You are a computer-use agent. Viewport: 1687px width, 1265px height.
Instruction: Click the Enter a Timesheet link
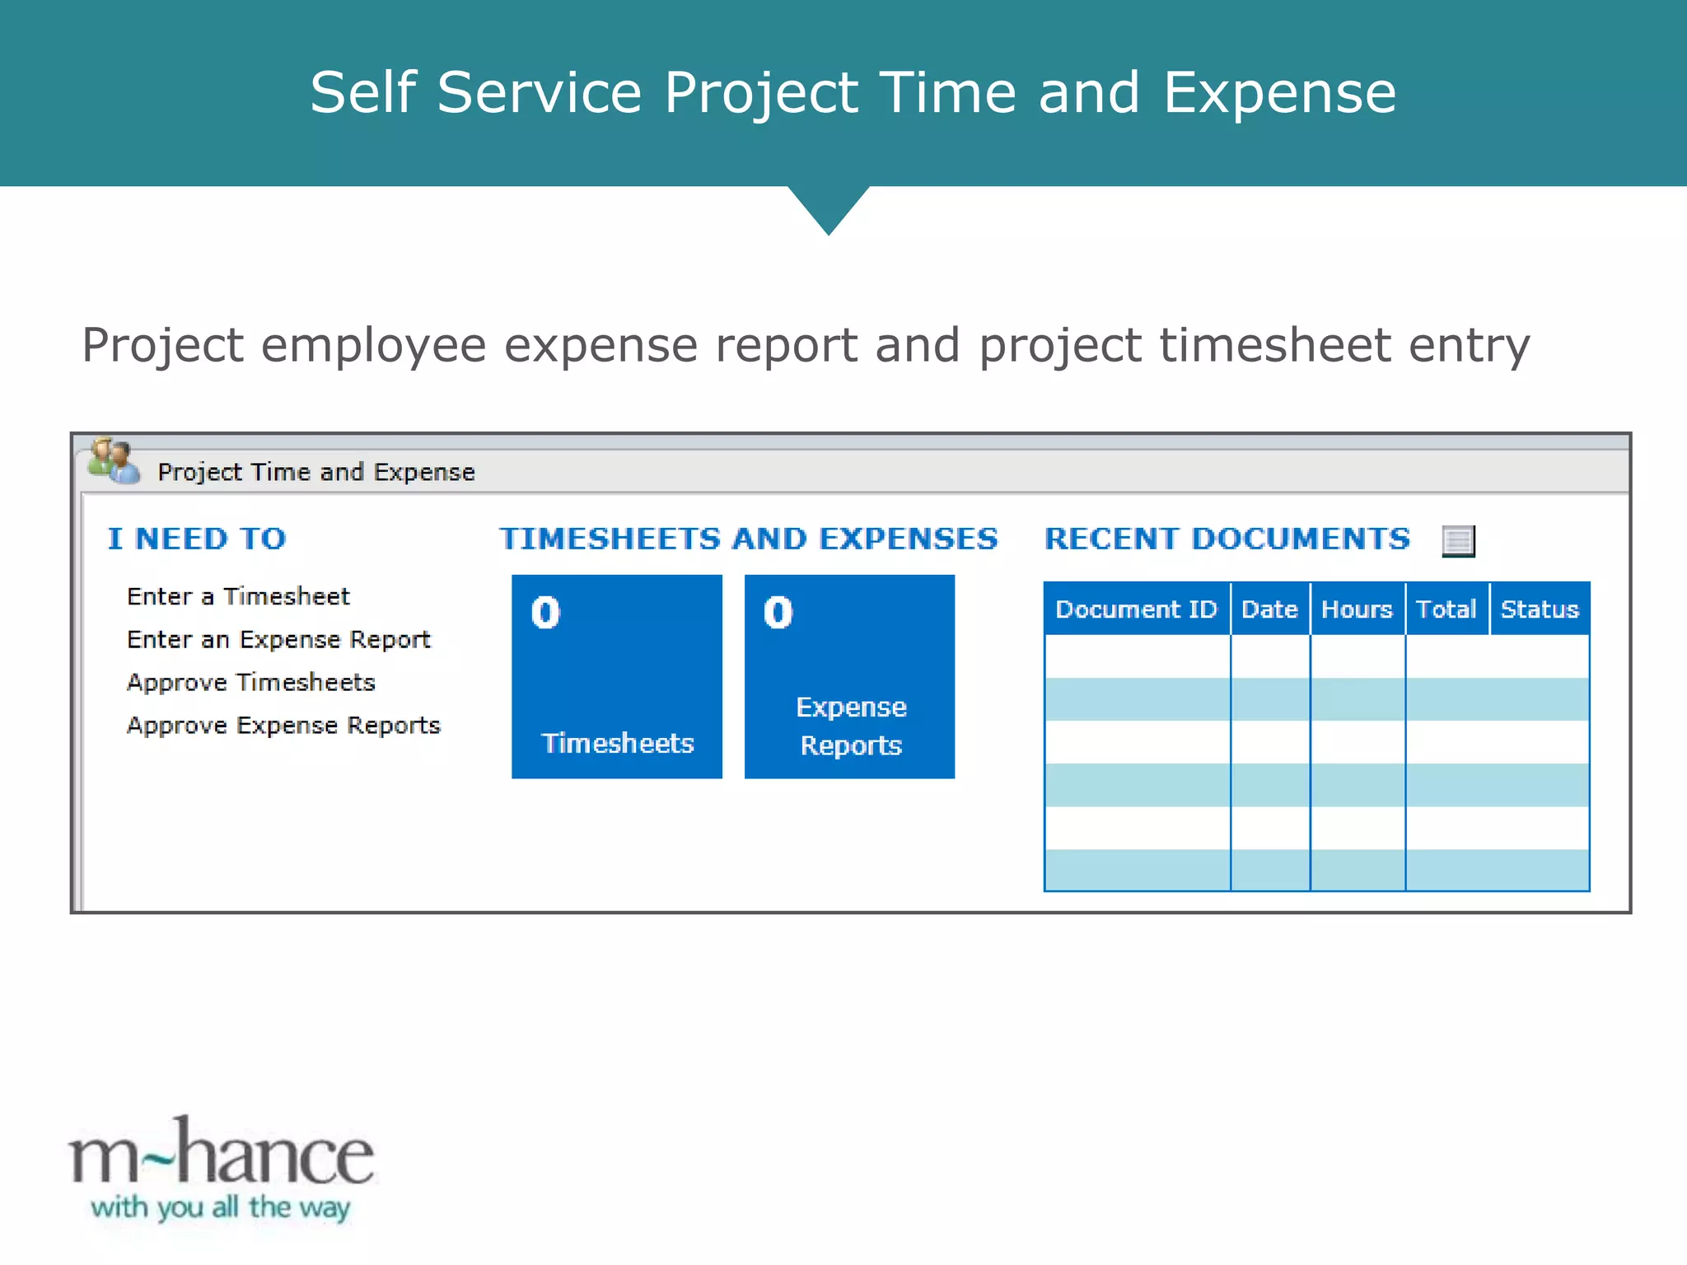click(238, 596)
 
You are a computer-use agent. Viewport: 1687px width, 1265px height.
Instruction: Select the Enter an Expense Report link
click(278, 640)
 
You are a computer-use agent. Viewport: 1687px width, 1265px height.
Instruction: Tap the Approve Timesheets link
click(250, 683)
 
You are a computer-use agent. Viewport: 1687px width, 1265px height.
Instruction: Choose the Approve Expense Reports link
click(283, 726)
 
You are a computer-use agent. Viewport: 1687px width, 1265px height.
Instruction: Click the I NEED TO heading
click(197, 539)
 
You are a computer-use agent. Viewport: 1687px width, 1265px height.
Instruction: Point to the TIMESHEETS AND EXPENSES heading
click(748, 539)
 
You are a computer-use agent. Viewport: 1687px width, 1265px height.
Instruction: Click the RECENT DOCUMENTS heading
click(1227, 539)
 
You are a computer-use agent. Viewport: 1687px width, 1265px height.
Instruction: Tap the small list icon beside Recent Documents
click(1458, 541)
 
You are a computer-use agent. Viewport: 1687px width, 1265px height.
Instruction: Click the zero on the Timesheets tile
click(545, 613)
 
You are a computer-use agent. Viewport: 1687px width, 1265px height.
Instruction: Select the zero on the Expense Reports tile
click(778, 613)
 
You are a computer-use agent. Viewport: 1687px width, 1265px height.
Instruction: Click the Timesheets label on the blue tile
click(617, 744)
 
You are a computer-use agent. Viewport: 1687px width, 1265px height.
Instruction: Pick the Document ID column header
click(1136, 609)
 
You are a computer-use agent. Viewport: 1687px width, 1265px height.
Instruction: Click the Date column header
click(1269, 609)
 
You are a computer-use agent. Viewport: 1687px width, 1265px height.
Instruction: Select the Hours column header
click(1357, 609)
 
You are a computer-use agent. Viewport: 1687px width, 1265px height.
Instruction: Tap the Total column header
click(1446, 609)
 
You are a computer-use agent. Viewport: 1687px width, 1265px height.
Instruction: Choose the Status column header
click(1539, 609)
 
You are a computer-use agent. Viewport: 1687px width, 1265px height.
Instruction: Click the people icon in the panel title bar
click(114, 462)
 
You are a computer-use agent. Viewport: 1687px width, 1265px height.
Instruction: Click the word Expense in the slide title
click(1279, 92)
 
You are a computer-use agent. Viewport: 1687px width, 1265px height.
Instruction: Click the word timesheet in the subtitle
click(1275, 345)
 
